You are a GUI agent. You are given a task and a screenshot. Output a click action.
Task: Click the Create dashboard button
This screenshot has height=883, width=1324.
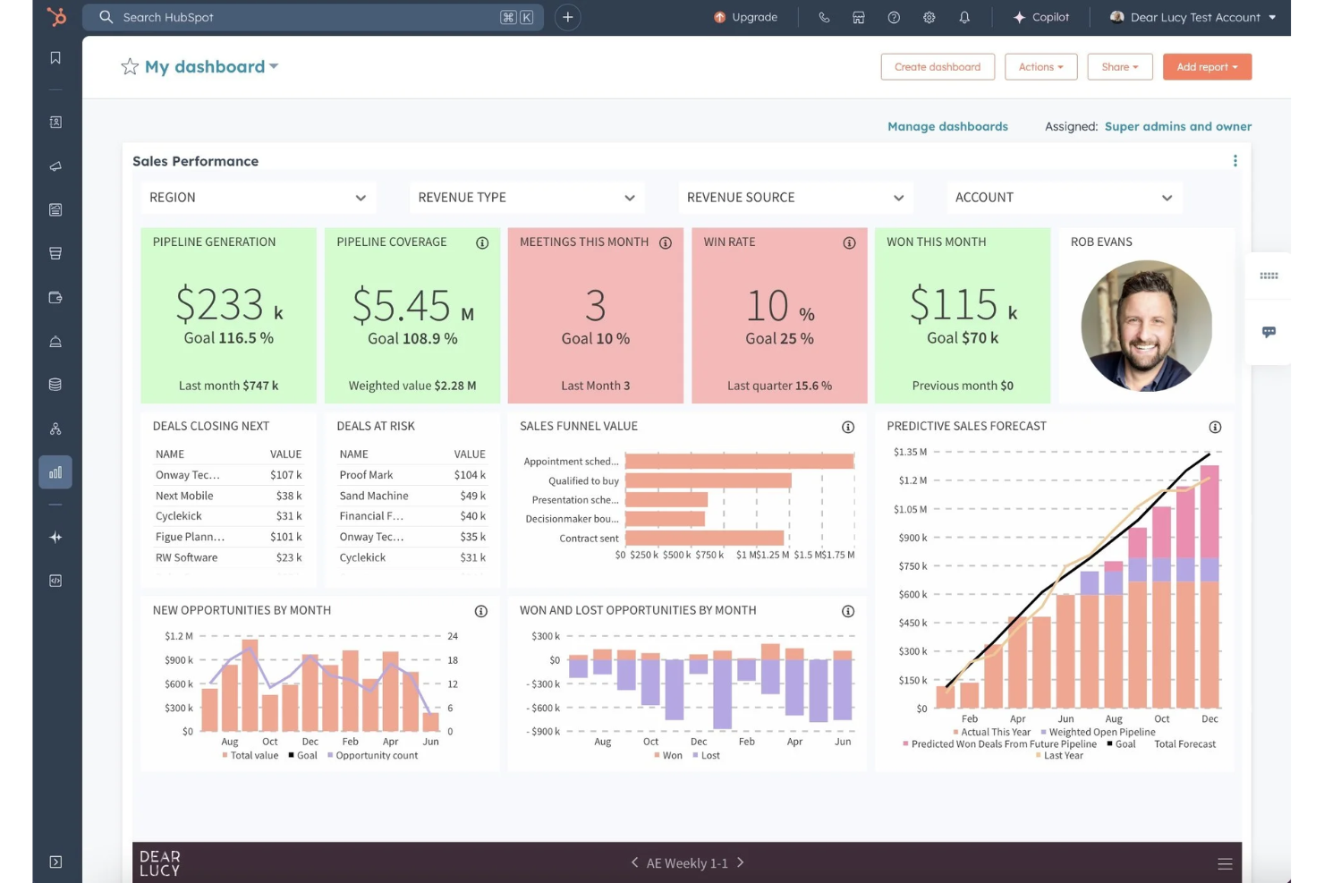click(937, 67)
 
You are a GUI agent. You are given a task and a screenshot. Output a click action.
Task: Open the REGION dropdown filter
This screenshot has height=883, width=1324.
click(258, 198)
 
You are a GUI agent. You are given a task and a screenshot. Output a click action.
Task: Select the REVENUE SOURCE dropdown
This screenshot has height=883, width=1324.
click(794, 198)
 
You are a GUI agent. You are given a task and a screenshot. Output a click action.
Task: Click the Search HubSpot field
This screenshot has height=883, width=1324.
click(304, 17)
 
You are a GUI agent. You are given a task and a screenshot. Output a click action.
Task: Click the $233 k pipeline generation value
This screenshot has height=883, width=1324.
click(228, 306)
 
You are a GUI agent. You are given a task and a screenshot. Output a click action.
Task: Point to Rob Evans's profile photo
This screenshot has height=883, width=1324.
click(1146, 326)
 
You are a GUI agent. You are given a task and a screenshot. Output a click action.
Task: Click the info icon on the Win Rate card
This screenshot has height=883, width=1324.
click(849, 243)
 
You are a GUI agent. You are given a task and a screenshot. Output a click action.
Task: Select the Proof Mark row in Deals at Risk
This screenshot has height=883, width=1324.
click(366, 475)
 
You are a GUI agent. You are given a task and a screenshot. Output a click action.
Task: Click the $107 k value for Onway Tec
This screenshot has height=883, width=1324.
click(286, 475)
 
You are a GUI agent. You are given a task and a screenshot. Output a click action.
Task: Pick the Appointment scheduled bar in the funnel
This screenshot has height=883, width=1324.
click(739, 462)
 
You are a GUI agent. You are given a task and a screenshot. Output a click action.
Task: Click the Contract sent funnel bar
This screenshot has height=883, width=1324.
click(704, 539)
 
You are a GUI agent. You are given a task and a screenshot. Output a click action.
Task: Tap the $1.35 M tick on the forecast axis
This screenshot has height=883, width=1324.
click(910, 452)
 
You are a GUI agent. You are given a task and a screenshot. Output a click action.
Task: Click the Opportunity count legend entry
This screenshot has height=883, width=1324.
click(376, 756)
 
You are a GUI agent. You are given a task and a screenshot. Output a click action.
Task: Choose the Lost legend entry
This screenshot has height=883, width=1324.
click(709, 756)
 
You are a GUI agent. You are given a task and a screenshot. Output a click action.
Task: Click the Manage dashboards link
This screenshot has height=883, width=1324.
click(947, 127)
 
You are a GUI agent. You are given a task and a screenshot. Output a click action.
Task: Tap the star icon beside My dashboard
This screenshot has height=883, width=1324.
click(130, 67)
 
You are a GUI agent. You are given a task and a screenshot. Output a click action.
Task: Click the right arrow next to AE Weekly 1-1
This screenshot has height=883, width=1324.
click(741, 863)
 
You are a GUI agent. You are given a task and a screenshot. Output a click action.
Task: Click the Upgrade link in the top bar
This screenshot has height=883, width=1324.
click(745, 17)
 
